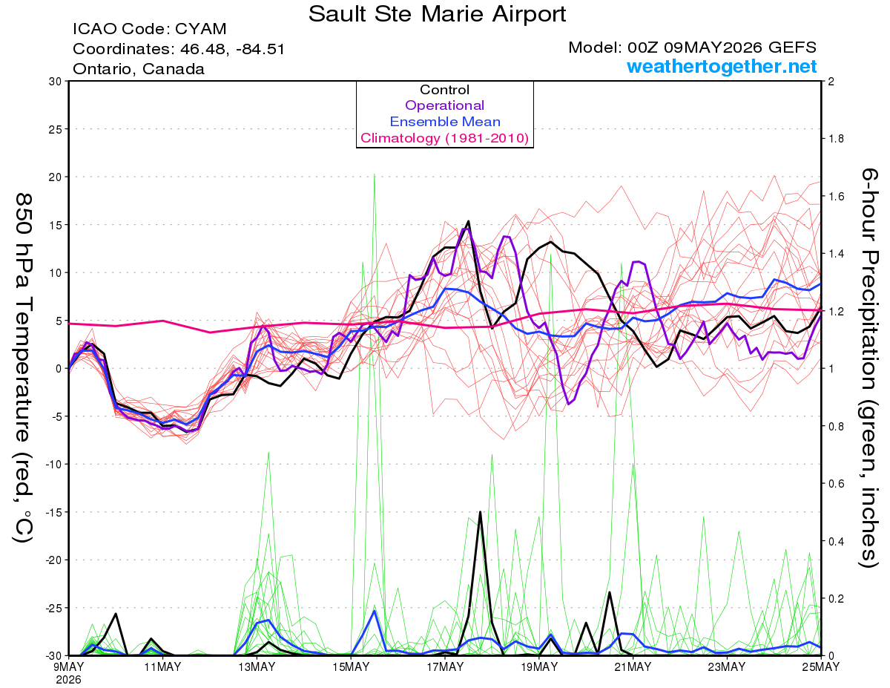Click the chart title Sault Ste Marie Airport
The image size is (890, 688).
pyautogui.click(x=437, y=14)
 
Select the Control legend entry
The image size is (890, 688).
pyautogui.click(x=444, y=90)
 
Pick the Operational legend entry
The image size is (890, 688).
pyautogui.click(x=444, y=105)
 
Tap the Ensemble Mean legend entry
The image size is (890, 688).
pyautogui.click(x=445, y=122)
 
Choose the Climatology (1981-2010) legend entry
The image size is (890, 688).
pyautogui.click(x=444, y=138)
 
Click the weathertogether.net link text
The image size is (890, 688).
pyautogui.click(x=722, y=66)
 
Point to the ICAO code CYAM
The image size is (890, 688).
pyautogui.click(x=201, y=29)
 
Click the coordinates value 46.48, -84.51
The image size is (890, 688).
pyautogui.click(x=232, y=49)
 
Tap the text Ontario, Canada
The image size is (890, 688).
pyautogui.click(x=139, y=69)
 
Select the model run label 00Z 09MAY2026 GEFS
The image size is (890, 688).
pyautogui.click(x=722, y=47)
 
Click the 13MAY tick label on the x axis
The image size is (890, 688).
pyautogui.click(x=257, y=666)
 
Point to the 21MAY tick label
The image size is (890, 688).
pyautogui.click(x=633, y=666)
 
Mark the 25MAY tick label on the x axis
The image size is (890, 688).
pyautogui.click(x=821, y=666)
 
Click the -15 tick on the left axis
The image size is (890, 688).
pyautogui.click(x=53, y=512)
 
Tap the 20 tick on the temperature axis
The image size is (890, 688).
pyautogui.click(x=56, y=177)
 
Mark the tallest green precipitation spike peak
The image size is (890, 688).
pyautogui.click(x=375, y=174)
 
